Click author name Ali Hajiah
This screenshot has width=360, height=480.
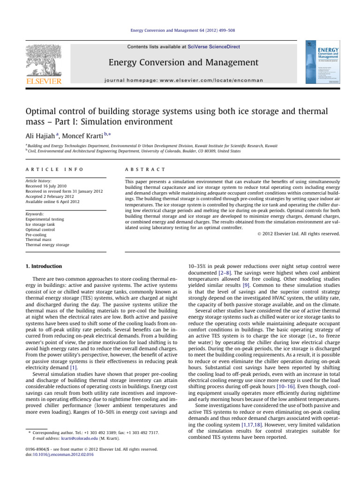point(42,137)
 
